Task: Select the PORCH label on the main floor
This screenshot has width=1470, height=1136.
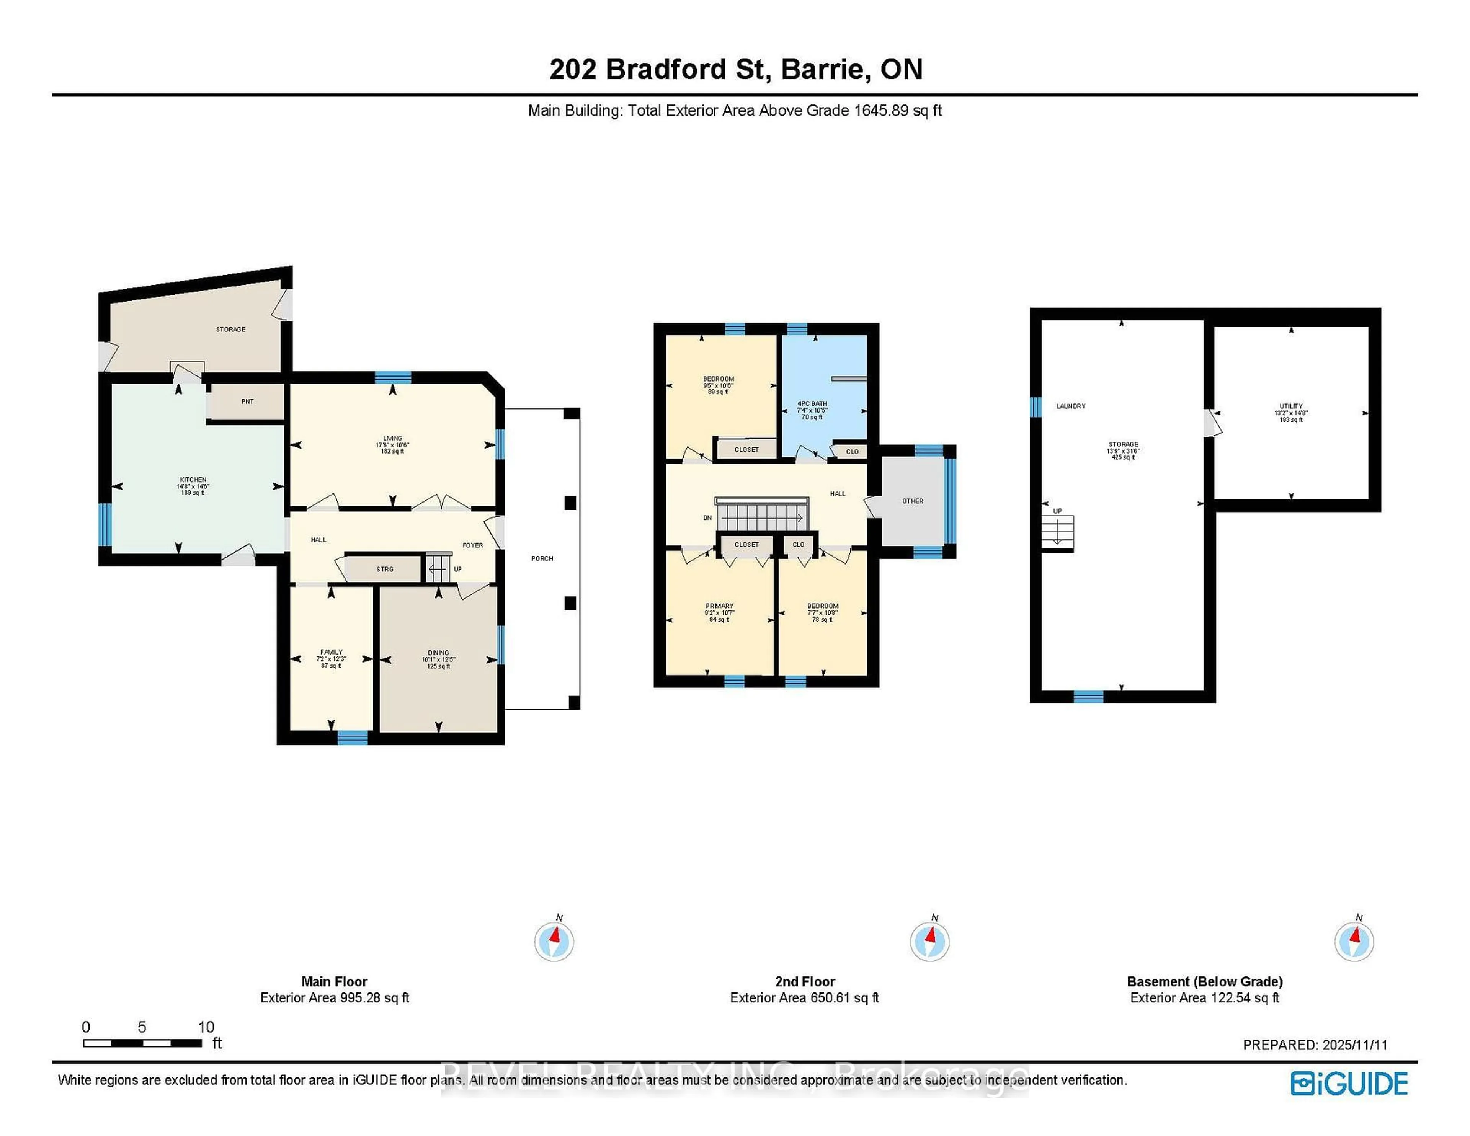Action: point(542,558)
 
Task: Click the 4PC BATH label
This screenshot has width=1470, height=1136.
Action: point(812,404)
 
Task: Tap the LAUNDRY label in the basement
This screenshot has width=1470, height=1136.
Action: point(1071,406)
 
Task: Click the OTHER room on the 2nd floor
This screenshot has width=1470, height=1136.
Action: point(913,501)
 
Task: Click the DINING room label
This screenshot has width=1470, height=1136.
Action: point(438,653)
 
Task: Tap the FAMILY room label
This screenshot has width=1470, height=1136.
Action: point(331,652)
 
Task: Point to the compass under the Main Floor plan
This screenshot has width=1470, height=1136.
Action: point(554,941)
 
